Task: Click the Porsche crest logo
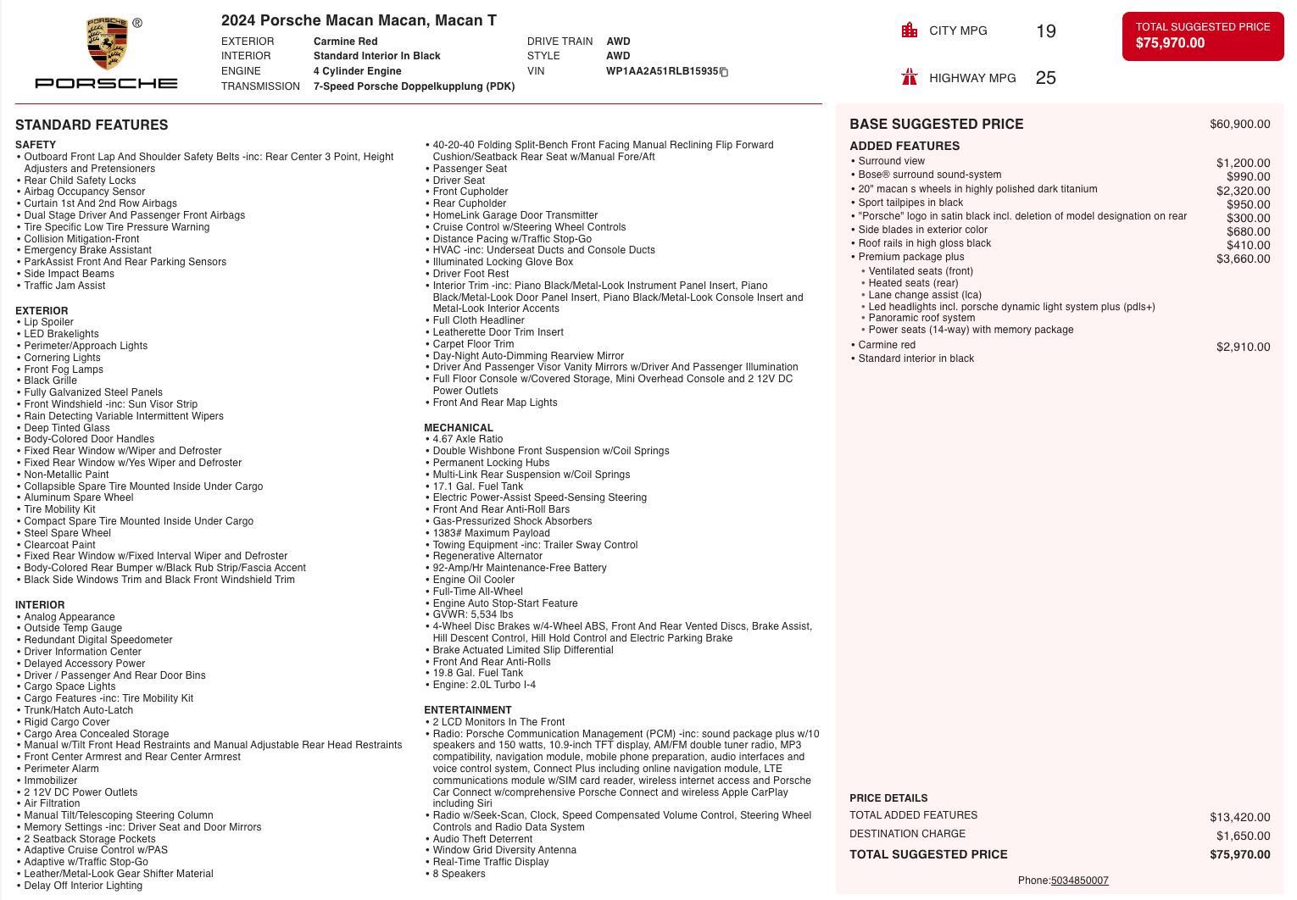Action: click(106, 44)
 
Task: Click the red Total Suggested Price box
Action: click(1202, 36)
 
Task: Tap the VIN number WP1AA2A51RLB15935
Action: click(661, 71)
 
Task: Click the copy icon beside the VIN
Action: click(724, 72)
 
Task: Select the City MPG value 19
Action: click(1045, 31)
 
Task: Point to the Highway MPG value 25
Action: click(1045, 78)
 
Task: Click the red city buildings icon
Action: click(910, 31)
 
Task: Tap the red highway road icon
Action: click(910, 77)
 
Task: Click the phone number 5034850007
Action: click(1079, 881)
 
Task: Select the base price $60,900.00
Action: click(1239, 125)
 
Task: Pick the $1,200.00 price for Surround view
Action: click(1243, 164)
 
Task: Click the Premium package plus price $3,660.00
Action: click(1243, 259)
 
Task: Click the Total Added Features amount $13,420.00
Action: click(1239, 817)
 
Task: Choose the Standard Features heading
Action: click(92, 125)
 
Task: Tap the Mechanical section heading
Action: click(459, 428)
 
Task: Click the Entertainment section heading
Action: click(468, 710)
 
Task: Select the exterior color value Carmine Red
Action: click(345, 42)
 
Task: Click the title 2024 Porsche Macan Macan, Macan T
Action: click(359, 20)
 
